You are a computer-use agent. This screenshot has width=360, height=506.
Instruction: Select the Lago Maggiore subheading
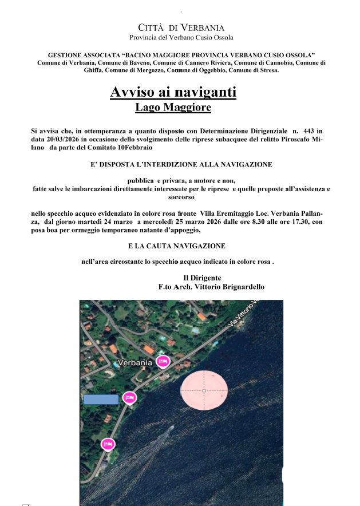[173, 107]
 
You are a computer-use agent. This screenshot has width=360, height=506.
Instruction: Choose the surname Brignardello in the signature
[240, 287]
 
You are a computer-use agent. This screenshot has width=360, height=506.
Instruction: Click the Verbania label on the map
[134, 362]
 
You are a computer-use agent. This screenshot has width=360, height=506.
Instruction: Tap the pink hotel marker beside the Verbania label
[163, 361]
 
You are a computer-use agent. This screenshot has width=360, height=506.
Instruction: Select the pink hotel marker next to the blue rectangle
[130, 397]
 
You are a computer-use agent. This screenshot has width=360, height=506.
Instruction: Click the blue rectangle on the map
[101, 399]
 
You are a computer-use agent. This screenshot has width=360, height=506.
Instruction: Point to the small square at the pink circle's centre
[204, 391]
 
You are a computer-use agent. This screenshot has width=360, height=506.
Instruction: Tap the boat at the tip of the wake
[172, 428]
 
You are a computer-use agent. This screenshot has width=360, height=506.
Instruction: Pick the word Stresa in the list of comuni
[267, 70]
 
